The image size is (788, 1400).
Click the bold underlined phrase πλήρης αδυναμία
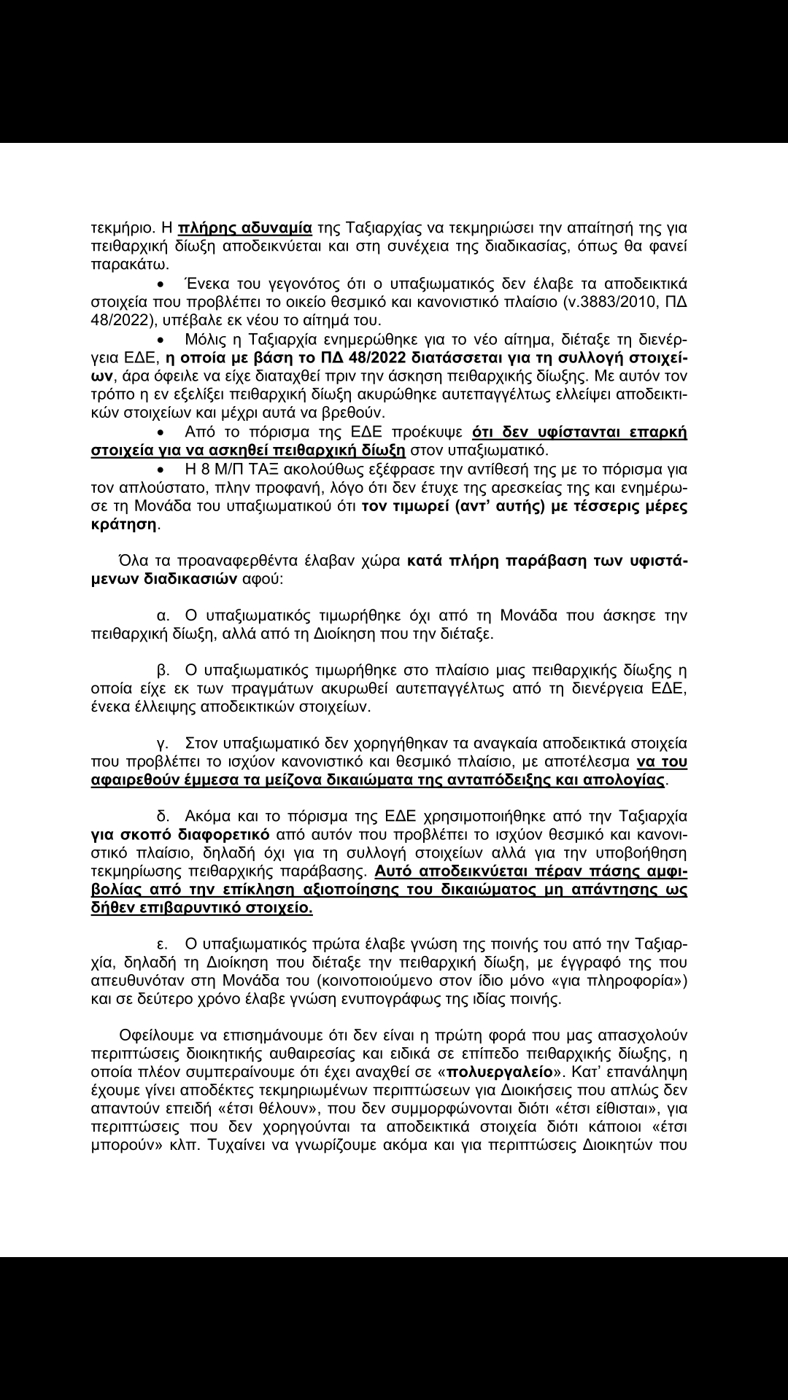(x=245, y=227)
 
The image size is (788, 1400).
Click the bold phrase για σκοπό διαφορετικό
(x=180, y=833)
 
